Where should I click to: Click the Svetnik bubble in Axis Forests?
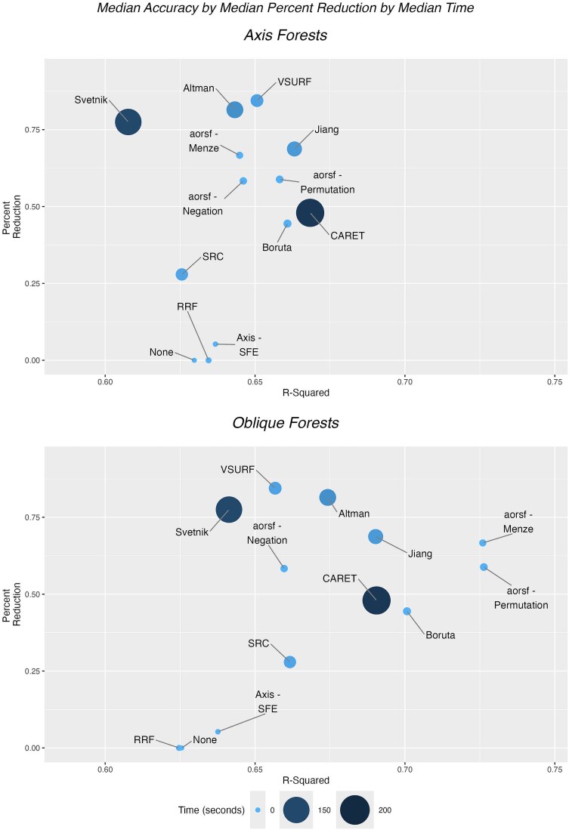[128, 122]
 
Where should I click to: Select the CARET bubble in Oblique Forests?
[376, 601]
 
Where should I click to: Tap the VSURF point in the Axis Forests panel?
[257, 100]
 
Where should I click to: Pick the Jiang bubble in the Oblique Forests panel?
[376, 536]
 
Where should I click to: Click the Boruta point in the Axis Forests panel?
[287, 224]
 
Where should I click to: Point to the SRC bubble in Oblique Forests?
[289, 662]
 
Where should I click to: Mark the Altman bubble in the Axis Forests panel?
[235, 110]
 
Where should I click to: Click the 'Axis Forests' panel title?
[284, 35]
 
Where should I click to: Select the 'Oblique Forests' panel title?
[284, 423]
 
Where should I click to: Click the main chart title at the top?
[284, 9]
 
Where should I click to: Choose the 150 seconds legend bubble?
[299, 810]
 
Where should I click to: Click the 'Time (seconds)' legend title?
[209, 810]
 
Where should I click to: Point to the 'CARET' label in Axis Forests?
[347, 236]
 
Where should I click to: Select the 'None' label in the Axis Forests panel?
[161, 352]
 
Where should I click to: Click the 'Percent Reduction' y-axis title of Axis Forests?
[10, 208]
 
